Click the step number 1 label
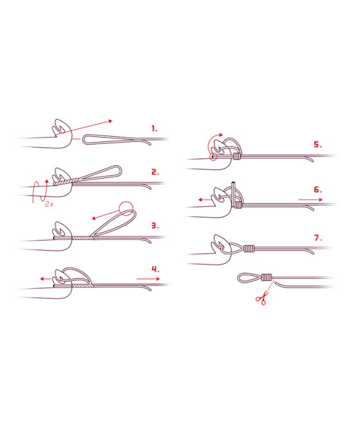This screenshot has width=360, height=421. (154, 129)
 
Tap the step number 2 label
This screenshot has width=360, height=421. (155, 172)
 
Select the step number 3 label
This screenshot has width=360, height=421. (155, 226)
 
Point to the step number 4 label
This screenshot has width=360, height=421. (156, 269)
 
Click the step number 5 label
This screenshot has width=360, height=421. (318, 145)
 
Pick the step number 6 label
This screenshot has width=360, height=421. (318, 190)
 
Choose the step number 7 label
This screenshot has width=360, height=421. (318, 238)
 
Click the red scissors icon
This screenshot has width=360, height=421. (262, 298)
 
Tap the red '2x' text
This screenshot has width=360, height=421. (49, 204)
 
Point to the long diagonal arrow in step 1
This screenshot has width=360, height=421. (84, 129)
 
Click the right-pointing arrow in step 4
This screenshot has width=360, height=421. (148, 279)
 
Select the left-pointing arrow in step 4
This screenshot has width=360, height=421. (46, 279)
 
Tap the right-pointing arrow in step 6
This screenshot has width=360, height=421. (310, 200)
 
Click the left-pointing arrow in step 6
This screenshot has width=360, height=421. (205, 200)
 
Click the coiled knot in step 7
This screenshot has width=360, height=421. (249, 249)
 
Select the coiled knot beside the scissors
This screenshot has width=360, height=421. (266, 277)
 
